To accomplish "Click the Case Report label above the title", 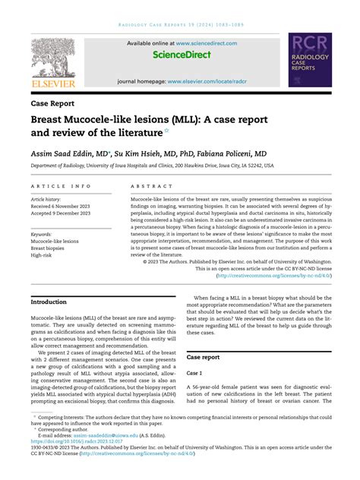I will (x=52, y=103).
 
